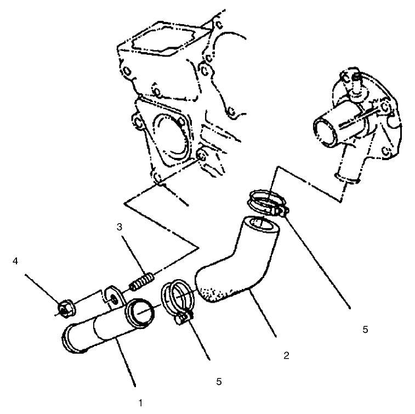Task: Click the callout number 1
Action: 141,403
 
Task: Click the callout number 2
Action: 286,355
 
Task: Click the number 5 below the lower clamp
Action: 218,381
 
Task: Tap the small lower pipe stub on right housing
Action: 345,175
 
